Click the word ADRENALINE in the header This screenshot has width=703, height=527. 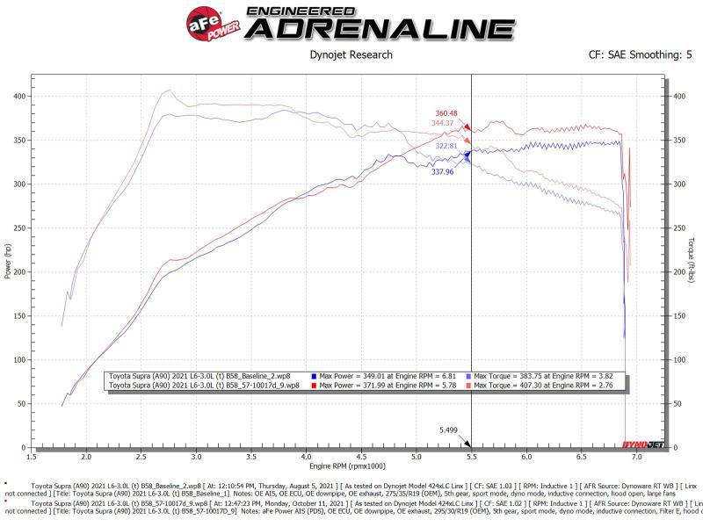[378, 29]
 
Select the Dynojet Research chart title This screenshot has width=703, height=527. [351, 55]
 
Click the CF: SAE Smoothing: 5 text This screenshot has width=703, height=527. [640, 55]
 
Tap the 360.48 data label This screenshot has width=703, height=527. [447, 113]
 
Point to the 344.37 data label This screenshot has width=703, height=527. [447, 123]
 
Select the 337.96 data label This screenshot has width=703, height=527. [442, 172]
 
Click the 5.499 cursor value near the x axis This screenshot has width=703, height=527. [449, 430]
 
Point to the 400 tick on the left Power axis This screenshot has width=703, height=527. [18, 96]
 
